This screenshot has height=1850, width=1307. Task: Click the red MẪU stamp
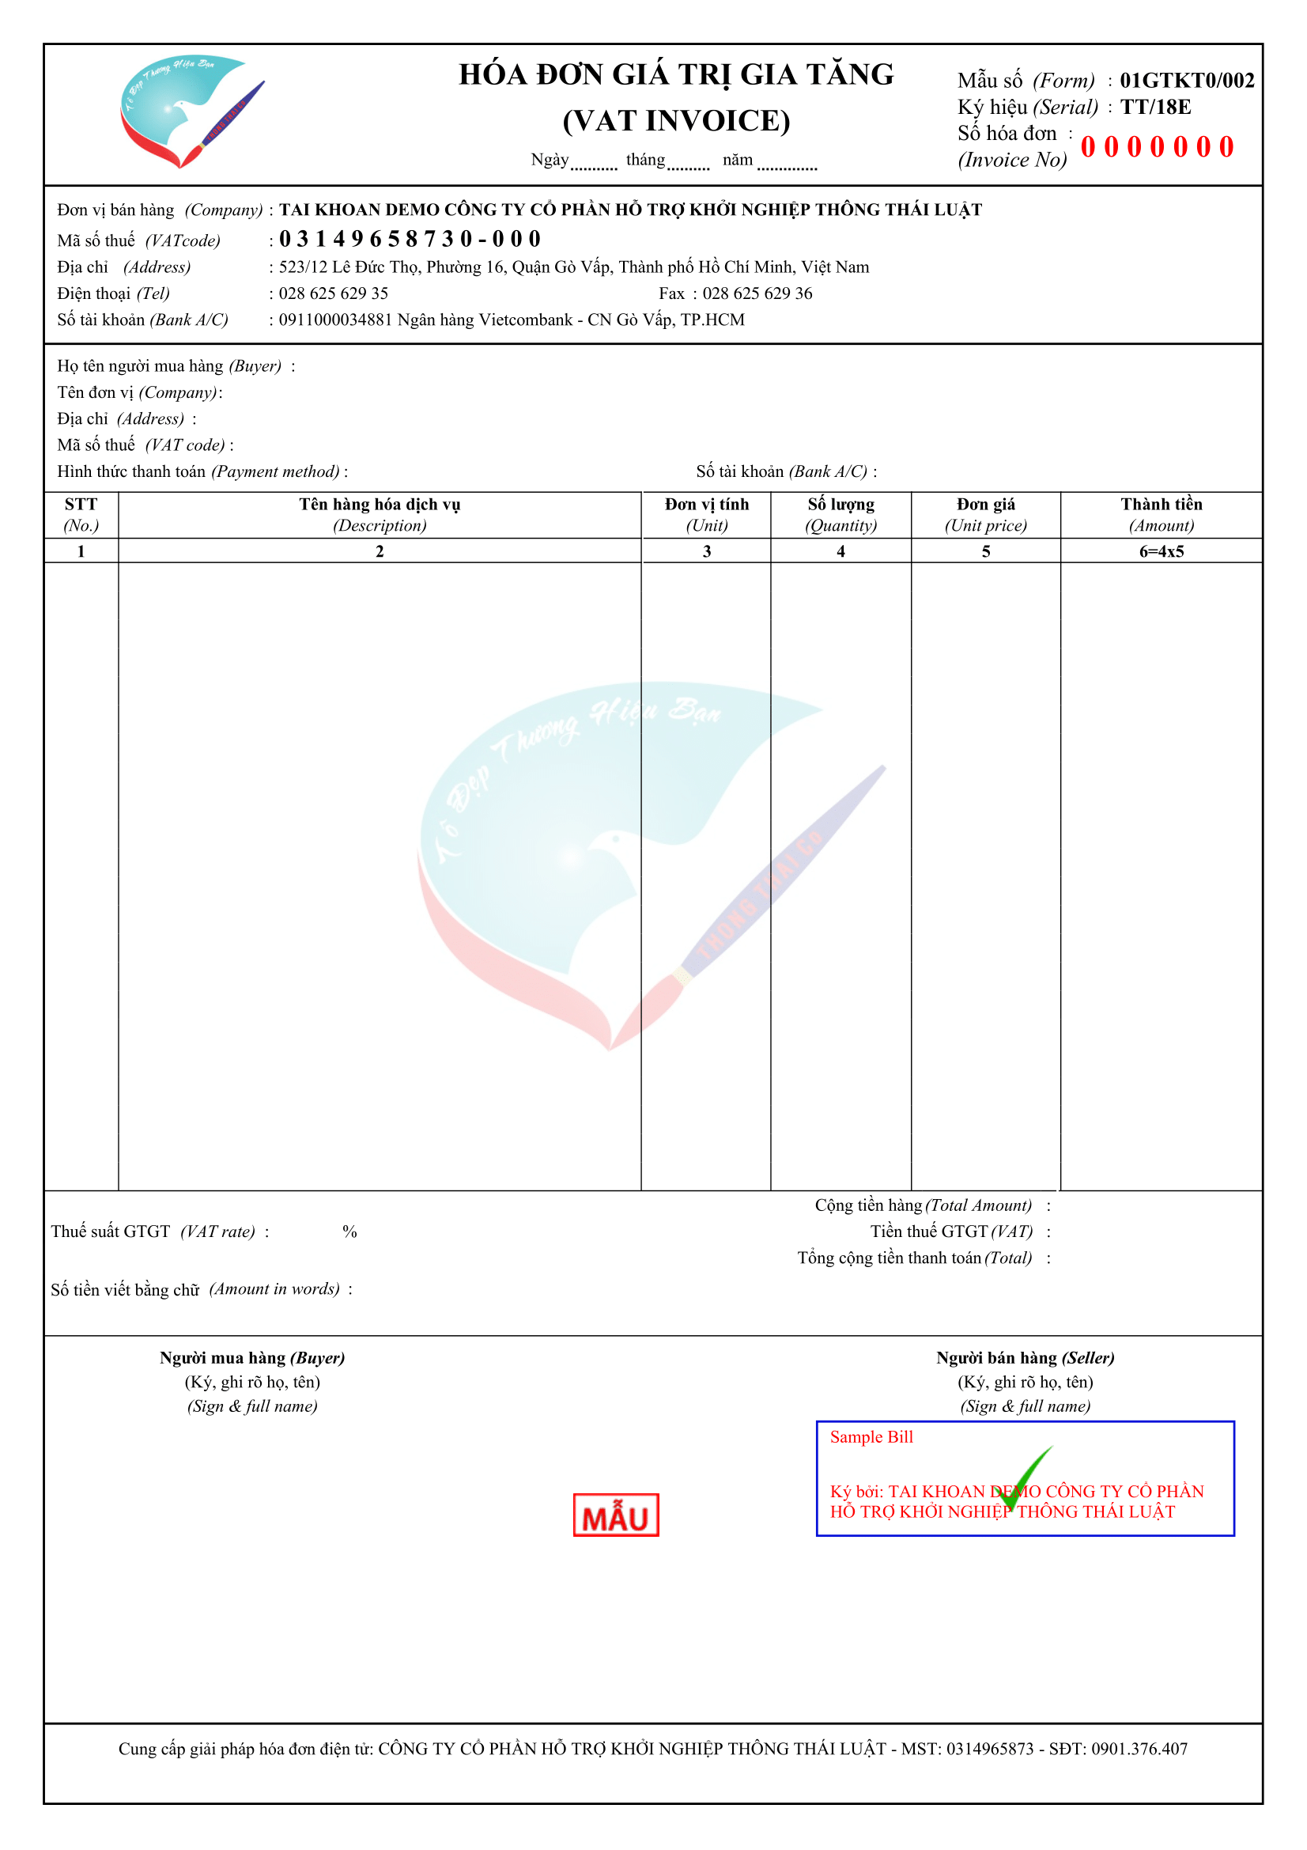pyautogui.click(x=615, y=1514)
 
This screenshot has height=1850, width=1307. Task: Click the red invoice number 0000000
pyautogui.click(x=1157, y=147)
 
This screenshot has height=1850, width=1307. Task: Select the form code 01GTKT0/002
pyautogui.click(x=1186, y=81)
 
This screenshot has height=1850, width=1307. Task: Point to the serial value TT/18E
pyautogui.click(x=1155, y=107)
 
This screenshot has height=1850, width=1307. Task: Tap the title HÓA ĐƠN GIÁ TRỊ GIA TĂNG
pyautogui.click(x=676, y=75)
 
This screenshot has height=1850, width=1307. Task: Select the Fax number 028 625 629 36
pyautogui.click(x=757, y=293)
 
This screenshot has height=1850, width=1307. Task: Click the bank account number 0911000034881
pyautogui.click(x=335, y=320)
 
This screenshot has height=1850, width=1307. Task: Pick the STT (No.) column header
pyautogui.click(x=81, y=514)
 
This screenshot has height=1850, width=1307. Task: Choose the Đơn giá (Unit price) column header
pyautogui.click(x=985, y=514)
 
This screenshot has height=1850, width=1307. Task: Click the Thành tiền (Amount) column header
pyautogui.click(x=1161, y=514)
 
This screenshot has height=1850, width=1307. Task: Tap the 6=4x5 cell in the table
pyautogui.click(x=1161, y=551)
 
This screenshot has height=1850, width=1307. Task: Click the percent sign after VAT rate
pyautogui.click(x=349, y=1231)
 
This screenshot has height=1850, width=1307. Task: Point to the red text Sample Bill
pyautogui.click(x=871, y=1436)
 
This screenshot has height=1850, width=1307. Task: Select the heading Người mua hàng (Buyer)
pyautogui.click(x=252, y=1358)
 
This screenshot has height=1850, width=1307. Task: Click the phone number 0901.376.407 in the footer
pyautogui.click(x=1139, y=1749)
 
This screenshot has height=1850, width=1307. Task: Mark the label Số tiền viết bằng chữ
pyautogui.click(x=126, y=1289)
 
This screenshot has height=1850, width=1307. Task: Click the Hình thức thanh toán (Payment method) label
pyautogui.click(x=198, y=471)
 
